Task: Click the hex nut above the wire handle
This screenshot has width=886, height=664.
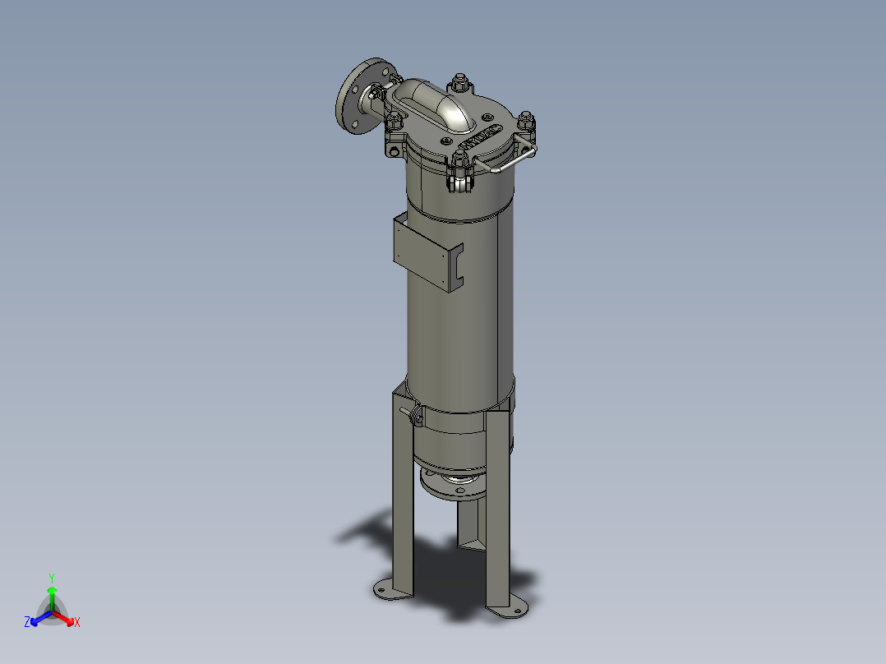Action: [x=527, y=121]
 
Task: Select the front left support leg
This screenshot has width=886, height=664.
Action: [x=401, y=493]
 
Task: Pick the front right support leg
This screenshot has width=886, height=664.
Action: [x=498, y=510]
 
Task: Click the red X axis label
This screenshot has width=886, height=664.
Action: [x=77, y=623]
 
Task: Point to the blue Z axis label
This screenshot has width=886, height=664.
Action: [x=27, y=622]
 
